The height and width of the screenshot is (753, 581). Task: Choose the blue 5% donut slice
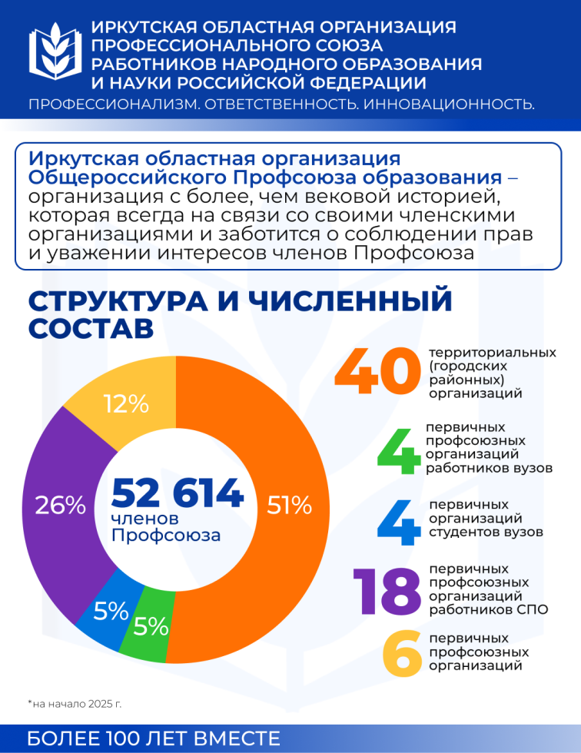[111, 611]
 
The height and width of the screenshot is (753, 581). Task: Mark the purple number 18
[386, 592]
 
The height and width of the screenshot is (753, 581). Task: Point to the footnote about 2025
[75, 703]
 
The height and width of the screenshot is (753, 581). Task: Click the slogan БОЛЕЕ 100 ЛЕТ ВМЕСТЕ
[154, 739]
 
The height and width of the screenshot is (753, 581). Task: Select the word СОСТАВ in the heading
[91, 329]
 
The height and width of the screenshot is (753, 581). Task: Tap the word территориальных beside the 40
[492, 352]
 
